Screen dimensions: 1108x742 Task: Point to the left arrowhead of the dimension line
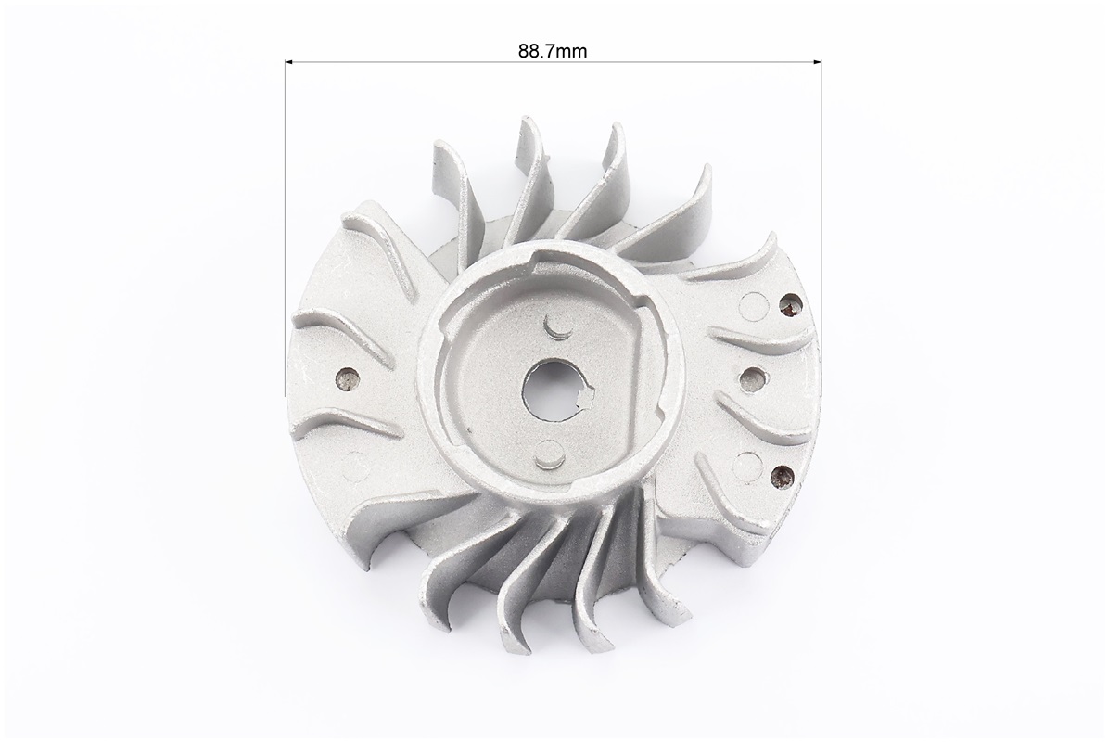(x=289, y=62)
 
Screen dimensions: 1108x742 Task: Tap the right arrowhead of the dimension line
(x=816, y=62)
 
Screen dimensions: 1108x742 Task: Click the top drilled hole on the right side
(x=789, y=304)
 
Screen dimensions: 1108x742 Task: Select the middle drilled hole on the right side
(x=751, y=378)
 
